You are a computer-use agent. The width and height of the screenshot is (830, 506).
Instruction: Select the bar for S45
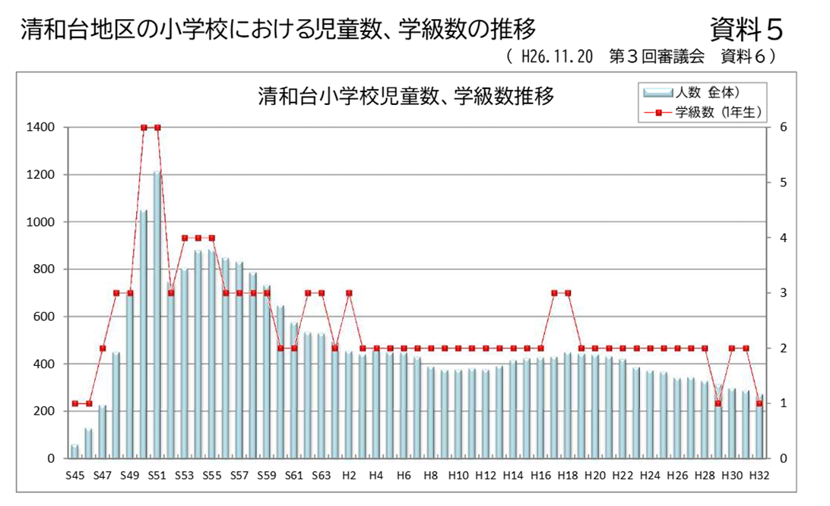[x=74, y=451]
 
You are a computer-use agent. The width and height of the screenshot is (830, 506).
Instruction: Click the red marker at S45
[x=74, y=403]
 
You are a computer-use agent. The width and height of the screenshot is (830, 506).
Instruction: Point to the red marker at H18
[x=568, y=293]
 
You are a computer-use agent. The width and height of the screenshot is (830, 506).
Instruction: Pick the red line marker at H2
[x=349, y=293]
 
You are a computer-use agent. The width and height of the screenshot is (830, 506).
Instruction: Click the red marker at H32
[x=759, y=403]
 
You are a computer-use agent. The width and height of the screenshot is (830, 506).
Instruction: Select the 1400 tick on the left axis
[x=41, y=127]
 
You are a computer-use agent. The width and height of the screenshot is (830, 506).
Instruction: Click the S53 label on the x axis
[x=184, y=476]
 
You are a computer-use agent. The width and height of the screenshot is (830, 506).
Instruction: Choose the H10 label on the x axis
[x=458, y=476]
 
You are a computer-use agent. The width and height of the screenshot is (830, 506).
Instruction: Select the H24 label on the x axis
[x=650, y=476]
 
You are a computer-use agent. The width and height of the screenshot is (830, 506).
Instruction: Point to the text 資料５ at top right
[x=746, y=30]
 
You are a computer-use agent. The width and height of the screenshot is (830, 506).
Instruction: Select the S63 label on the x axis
[x=322, y=476]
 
